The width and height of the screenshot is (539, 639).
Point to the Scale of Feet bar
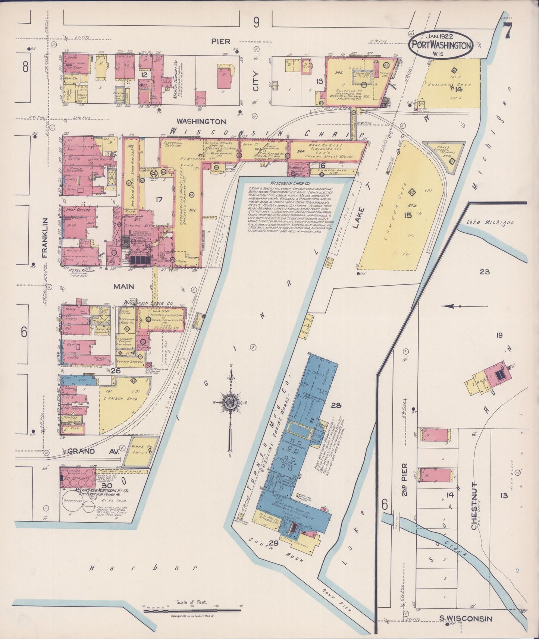pos(192,610)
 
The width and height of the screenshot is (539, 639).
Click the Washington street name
pos(201,122)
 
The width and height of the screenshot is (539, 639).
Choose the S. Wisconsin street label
pos(465,619)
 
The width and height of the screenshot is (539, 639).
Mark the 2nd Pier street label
pos(405,479)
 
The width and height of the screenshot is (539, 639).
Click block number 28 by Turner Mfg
pos(336,405)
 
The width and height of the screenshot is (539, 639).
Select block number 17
pos(159,199)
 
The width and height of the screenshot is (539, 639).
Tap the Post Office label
pos(77,210)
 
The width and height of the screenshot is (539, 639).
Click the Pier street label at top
pos(221,41)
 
